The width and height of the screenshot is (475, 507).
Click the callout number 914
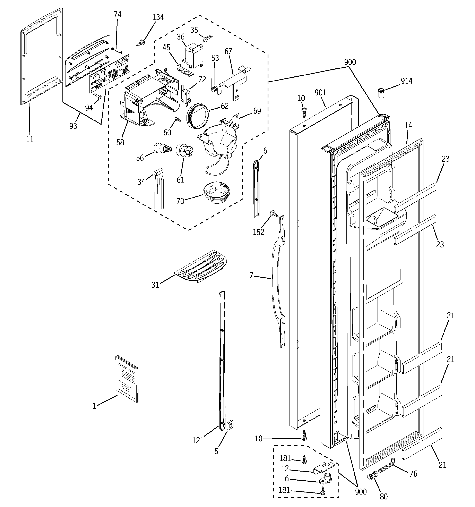406,81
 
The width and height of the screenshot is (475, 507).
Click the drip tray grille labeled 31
201,267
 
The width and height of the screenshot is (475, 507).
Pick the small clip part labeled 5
230,425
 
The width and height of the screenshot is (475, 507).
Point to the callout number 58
120,142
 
